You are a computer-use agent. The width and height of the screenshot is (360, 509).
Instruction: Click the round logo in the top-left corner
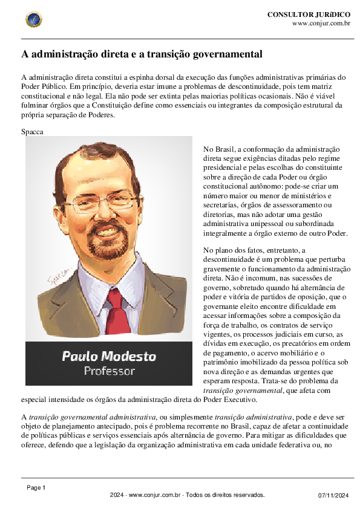34,19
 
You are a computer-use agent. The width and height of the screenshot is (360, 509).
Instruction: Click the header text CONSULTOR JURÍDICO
309,14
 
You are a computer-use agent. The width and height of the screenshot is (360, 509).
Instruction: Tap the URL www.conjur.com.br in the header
321,23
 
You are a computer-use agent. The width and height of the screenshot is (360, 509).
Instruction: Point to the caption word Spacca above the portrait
32,131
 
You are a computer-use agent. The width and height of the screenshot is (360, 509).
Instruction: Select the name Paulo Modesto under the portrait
109,355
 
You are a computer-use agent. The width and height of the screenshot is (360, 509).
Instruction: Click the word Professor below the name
109,371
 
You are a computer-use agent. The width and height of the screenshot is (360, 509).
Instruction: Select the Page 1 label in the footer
36,487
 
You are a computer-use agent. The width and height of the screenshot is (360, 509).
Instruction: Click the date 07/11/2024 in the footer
334,496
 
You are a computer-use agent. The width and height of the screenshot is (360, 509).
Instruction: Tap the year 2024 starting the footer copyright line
117,495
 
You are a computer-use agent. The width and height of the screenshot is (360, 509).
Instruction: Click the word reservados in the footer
248,495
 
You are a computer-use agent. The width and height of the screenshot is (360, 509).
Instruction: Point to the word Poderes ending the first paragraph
100,114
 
